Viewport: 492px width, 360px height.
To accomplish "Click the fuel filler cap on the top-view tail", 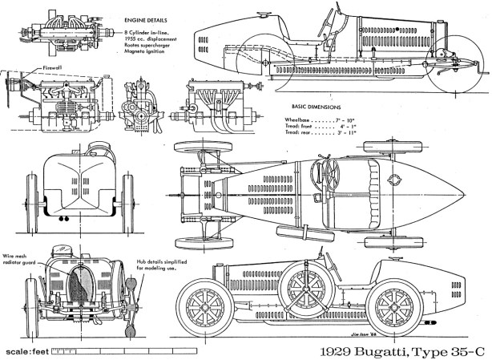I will [393, 178].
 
